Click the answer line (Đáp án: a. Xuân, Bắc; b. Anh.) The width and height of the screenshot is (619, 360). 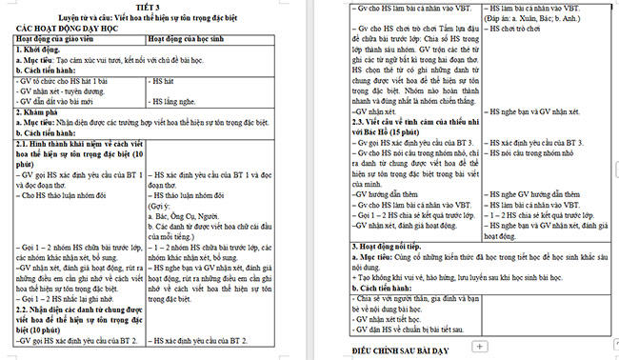pyautogui.click(x=543, y=18)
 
